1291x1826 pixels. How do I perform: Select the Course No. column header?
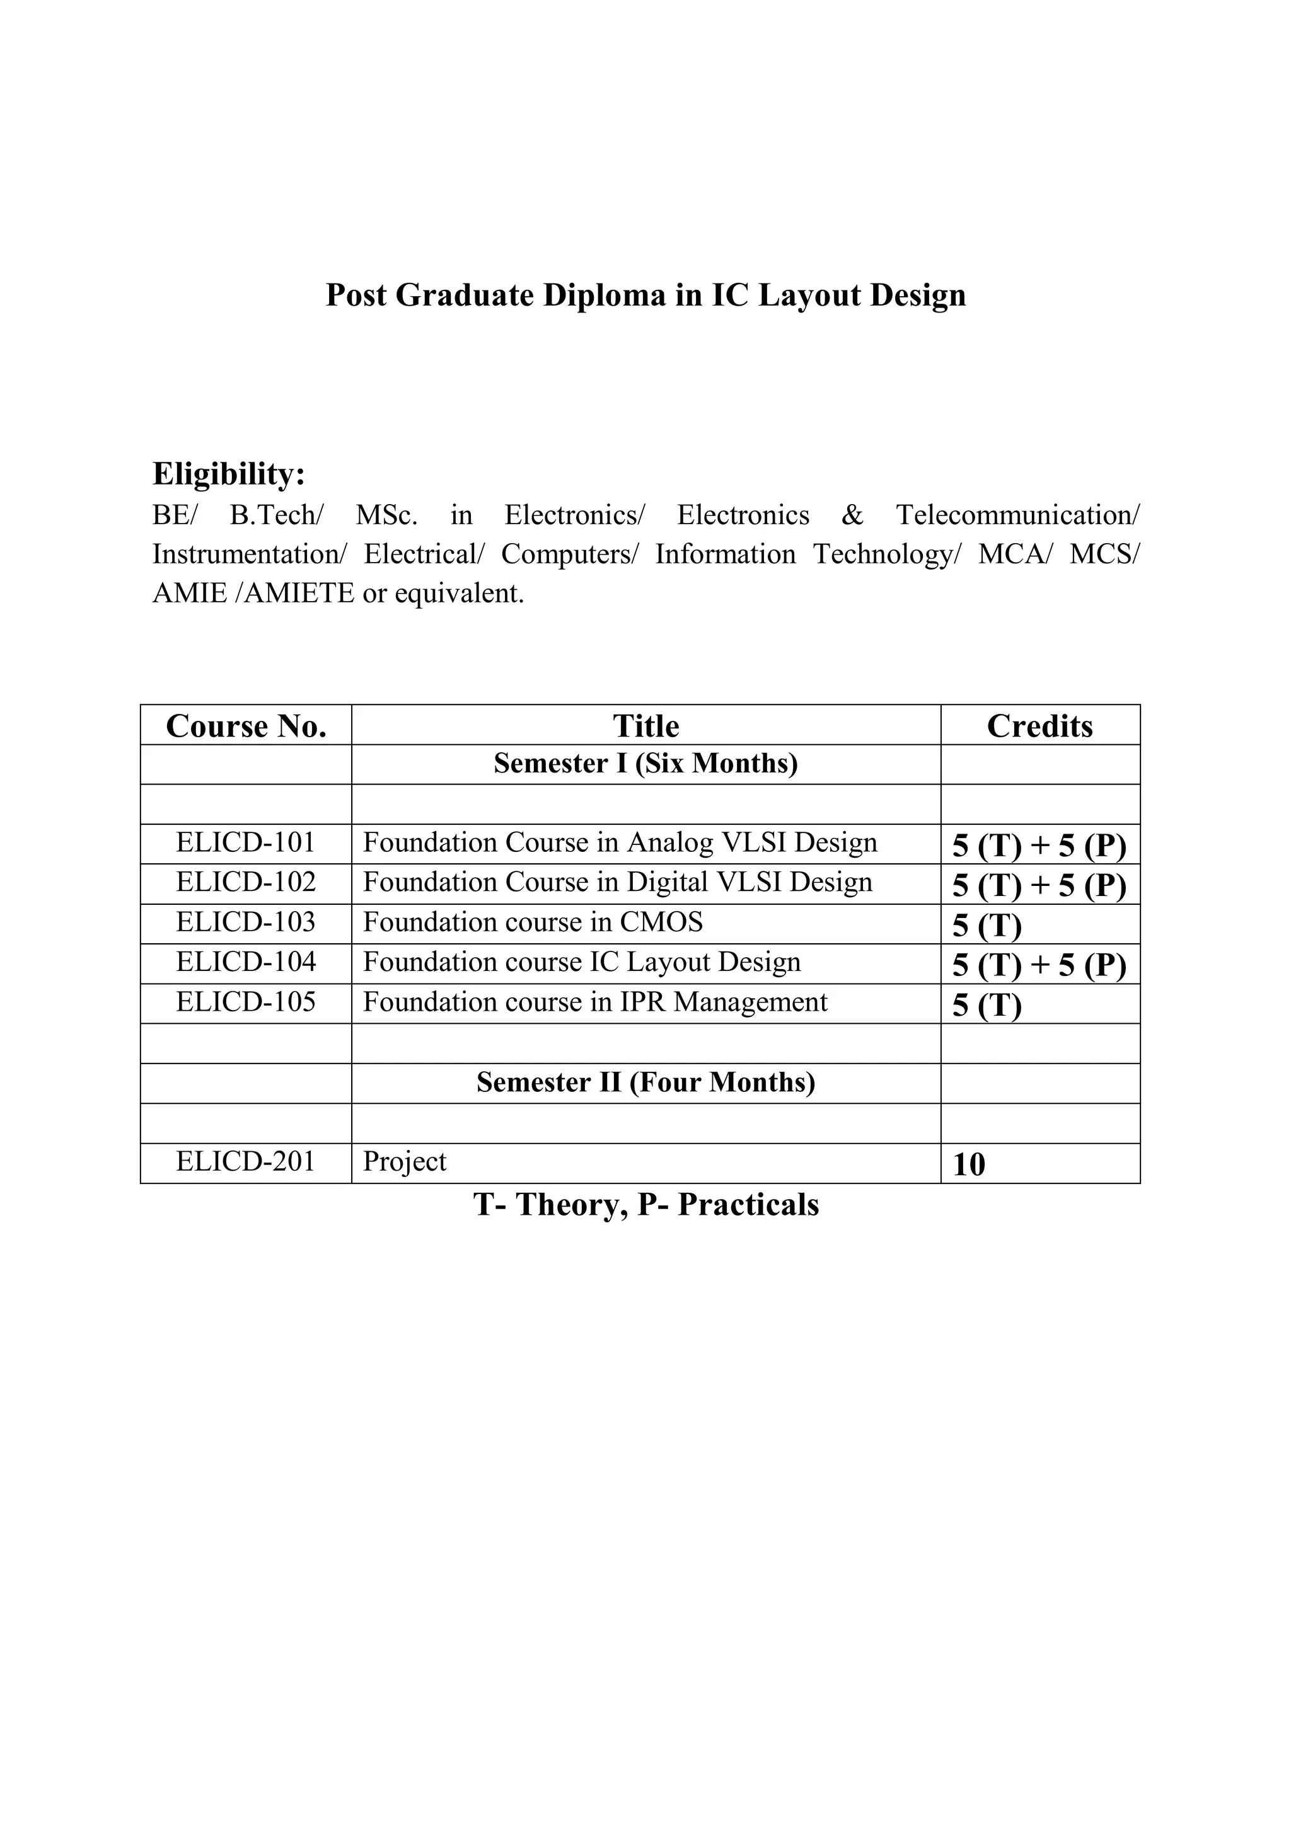pos(246,726)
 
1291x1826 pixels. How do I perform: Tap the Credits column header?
pos(1039,726)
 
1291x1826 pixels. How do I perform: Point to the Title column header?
pos(646,726)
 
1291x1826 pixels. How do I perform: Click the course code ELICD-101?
pos(246,842)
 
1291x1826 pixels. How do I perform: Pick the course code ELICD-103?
pos(246,922)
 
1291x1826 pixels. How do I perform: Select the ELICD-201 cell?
pos(246,1162)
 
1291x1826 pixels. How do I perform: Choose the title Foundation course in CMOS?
pos(533,922)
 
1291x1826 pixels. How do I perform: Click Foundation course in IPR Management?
pos(595,1002)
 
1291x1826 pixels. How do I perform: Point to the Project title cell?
pos(405,1162)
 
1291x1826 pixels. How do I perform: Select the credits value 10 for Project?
pos(969,1165)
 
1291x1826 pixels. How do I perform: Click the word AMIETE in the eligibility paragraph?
pos(299,594)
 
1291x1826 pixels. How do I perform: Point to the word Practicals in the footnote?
pos(748,1205)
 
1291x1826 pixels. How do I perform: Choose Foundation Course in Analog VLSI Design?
pos(620,842)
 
